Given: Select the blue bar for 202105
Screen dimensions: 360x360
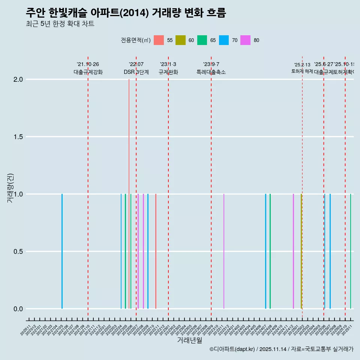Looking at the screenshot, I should coord(62,251).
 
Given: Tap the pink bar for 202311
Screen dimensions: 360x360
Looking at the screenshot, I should coord(224,251).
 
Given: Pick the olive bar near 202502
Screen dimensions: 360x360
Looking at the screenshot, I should coord(301,251).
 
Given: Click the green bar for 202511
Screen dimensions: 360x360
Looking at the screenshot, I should coord(351,251).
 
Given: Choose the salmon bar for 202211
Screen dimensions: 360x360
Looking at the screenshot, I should coord(156,251).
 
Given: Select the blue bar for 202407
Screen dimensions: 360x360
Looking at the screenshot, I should coord(265,251).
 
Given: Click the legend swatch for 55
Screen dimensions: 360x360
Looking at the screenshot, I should coord(159,40).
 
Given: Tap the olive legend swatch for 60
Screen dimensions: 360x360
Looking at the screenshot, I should coord(180,40).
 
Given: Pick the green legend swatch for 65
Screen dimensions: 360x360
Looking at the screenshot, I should coord(202,40).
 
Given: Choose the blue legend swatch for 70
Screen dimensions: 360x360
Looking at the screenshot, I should coord(224,40).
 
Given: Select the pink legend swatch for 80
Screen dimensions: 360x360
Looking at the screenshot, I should coord(246,40).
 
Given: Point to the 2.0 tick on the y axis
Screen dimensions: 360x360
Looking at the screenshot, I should coord(19,79).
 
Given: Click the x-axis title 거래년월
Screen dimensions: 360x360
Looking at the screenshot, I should coord(189,340).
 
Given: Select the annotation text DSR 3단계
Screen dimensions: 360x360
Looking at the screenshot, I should coord(136,72).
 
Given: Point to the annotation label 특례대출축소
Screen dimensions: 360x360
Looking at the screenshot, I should coord(211,72).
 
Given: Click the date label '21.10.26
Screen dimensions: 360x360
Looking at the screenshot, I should coord(88,64).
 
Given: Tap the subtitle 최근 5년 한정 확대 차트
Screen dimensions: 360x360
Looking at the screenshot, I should coord(60,24).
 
